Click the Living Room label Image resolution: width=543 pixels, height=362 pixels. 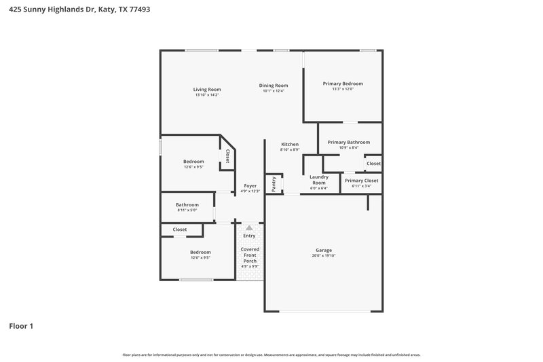click(207, 89)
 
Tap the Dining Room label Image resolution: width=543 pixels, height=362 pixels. click(274, 86)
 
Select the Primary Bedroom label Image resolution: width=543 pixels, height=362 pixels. click(343, 84)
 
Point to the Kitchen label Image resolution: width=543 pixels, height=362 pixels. click(290, 145)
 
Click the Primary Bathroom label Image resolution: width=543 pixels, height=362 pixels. click(348, 142)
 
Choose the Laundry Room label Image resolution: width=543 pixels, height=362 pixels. click(319, 180)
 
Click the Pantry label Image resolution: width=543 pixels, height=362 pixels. click(274, 184)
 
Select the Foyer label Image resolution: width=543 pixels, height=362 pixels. click(250, 186)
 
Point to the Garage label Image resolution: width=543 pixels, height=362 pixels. click(323, 250)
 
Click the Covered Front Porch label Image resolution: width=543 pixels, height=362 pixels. click(250, 255)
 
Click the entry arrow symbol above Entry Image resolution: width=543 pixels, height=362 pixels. click(249, 228)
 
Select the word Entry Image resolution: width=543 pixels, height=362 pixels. click(249, 236)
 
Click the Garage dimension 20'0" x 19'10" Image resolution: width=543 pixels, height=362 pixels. click(323, 256)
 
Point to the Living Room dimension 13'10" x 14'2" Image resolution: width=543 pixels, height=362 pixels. click(207, 95)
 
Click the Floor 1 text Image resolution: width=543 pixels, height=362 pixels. click(21, 326)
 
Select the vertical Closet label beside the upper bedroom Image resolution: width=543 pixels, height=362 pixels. click(227, 157)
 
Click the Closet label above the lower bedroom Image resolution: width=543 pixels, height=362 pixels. click(180, 230)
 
